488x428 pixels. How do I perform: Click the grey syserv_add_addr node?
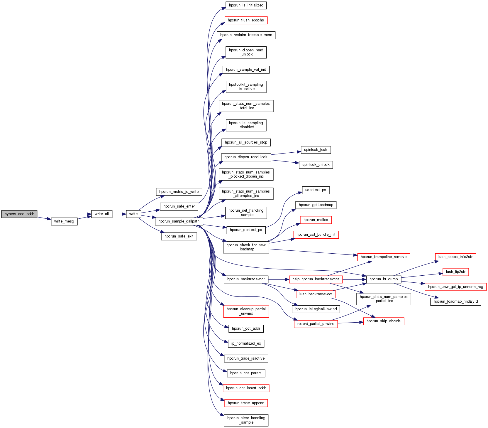[x=19, y=214]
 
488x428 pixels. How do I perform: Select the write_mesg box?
[x=64, y=221]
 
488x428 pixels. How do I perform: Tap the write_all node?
[x=101, y=214]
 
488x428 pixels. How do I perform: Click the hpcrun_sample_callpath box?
[x=179, y=221]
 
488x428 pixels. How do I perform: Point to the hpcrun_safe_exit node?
[x=179, y=236]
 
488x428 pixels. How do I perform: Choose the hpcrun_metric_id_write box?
[x=179, y=192]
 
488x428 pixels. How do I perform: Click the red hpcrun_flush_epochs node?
[x=246, y=20]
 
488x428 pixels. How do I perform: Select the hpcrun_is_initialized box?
[x=246, y=5]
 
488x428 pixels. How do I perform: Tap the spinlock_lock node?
[x=316, y=150]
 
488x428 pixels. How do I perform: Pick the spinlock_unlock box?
[x=316, y=165]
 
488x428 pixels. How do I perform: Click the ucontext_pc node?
[x=316, y=190]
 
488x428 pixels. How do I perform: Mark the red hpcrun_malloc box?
[x=316, y=220]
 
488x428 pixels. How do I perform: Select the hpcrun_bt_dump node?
[x=384, y=279]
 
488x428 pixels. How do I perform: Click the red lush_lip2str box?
[x=455, y=272]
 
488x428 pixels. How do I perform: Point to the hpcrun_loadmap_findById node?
[x=455, y=301]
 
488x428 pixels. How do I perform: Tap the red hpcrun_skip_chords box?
[x=384, y=321]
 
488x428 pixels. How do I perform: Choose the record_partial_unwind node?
[x=316, y=324]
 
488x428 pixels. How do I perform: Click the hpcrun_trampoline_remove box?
[x=384, y=257]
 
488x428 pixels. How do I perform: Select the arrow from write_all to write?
[x=119, y=214]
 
